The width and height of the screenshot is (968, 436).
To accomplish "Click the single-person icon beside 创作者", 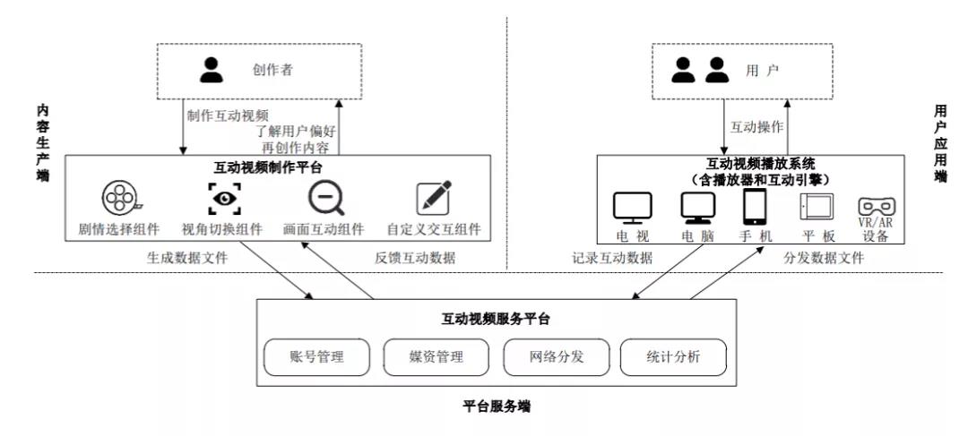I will pyautogui.click(x=211, y=69).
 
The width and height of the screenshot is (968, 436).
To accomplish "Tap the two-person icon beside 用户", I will pyautogui.click(x=700, y=69).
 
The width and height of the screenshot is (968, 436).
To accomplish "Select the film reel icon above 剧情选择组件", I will pyautogui.click(x=117, y=197).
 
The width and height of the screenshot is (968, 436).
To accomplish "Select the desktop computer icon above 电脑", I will pyautogui.click(x=698, y=206).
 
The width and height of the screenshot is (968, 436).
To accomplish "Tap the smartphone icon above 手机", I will pyautogui.click(x=753, y=206).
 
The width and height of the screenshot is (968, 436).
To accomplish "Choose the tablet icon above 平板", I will pyautogui.click(x=817, y=206).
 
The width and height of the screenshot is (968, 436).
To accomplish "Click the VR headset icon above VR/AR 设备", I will pyautogui.click(x=875, y=207).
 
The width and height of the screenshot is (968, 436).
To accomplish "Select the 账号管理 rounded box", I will pyautogui.click(x=317, y=357).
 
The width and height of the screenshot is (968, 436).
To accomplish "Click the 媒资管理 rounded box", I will pyautogui.click(x=436, y=357).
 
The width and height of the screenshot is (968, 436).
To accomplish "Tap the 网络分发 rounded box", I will pyautogui.click(x=556, y=357).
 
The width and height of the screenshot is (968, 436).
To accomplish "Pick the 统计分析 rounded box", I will pyautogui.click(x=673, y=357).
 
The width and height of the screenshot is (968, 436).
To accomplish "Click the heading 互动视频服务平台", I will pyautogui.click(x=496, y=319).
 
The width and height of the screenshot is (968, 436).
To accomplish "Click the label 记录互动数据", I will pyautogui.click(x=611, y=258).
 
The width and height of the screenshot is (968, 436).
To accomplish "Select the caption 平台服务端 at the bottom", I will pyautogui.click(x=496, y=406).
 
